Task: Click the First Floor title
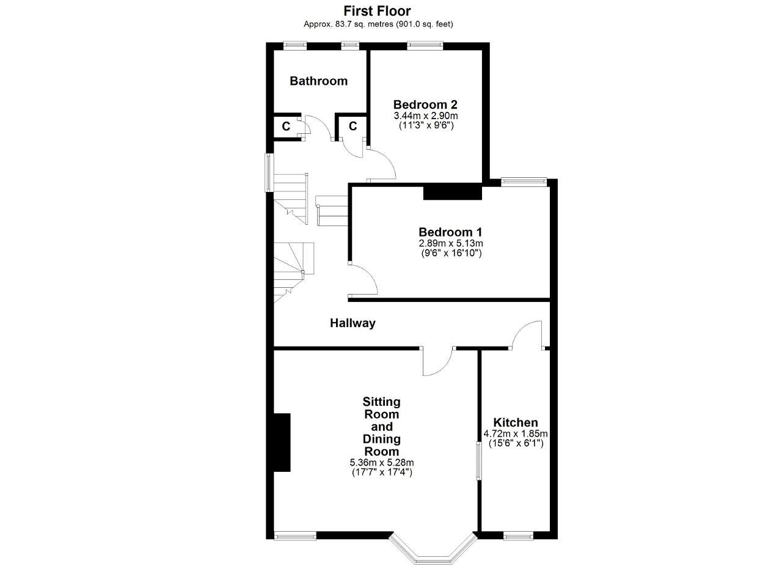(x=377, y=11)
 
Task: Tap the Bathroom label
(x=318, y=81)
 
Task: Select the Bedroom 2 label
(x=425, y=105)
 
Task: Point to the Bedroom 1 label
(x=450, y=232)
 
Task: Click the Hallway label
(x=353, y=323)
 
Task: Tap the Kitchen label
(x=515, y=423)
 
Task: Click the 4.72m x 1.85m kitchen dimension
(x=515, y=434)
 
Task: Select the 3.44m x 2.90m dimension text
(x=426, y=116)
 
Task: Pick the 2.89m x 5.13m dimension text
(x=451, y=243)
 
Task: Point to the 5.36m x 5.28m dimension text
(x=382, y=463)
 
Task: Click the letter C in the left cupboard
(x=286, y=127)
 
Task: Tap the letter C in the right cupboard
(x=353, y=126)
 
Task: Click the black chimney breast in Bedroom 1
(x=453, y=193)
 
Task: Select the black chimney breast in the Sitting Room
(x=282, y=442)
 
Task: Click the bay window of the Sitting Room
(x=433, y=552)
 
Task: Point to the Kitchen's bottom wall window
(x=518, y=536)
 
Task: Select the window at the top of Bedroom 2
(x=425, y=46)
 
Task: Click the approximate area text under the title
(x=378, y=24)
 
